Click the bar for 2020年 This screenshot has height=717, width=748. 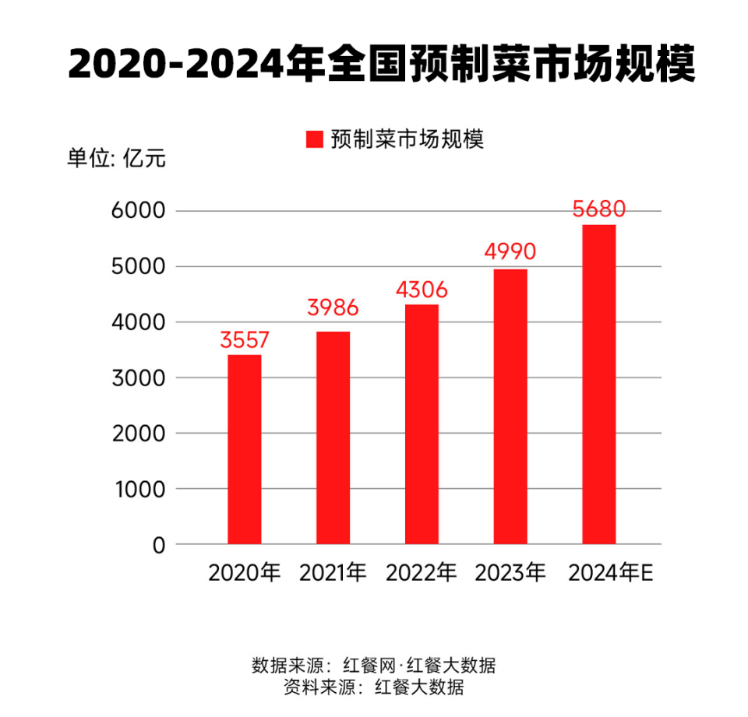click(245, 449)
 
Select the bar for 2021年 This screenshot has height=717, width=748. click(333, 438)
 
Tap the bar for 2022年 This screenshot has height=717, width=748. click(422, 424)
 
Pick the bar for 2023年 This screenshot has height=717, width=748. click(510, 406)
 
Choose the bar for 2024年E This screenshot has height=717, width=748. click(599, 385)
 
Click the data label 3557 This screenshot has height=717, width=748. click(245, 340)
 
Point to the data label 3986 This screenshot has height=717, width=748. click(333, 308)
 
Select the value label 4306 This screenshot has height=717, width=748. click(422, 290)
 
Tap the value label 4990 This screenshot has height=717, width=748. click(510, 252)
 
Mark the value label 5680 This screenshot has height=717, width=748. click(599, 209)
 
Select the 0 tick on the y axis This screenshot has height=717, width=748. click(159, 545)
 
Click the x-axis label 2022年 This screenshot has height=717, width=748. click(422, 573)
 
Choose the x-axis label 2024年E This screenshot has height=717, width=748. click(610, 573)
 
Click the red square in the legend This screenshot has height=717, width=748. click(314, 139)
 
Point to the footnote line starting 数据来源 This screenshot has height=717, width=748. click(374, 666)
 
